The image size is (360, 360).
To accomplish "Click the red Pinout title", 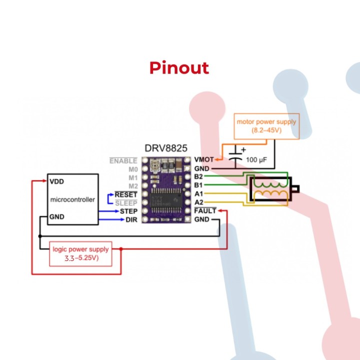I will pos(179,68).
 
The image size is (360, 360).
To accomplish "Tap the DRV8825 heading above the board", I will pos(166,148).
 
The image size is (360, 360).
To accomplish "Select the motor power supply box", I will pos(267,126).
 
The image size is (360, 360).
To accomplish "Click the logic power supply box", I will pos(81,254).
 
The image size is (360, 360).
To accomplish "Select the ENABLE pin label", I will pos(123,161).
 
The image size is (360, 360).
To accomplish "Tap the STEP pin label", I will pos(128,211).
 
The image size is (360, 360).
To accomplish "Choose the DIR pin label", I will pos(131,220).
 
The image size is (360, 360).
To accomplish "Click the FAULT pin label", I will pos(205,211).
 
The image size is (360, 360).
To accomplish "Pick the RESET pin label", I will pos(126,194).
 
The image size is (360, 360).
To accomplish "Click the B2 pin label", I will pos(198,177).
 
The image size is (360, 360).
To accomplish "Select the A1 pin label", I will pos(198,194).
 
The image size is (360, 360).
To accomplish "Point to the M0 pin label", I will pos(132,169).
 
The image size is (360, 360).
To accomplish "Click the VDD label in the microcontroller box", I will pos(56,181).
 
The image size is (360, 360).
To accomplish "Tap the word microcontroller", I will pos(72,199).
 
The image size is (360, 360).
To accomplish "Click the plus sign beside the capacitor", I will pos(243,149).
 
